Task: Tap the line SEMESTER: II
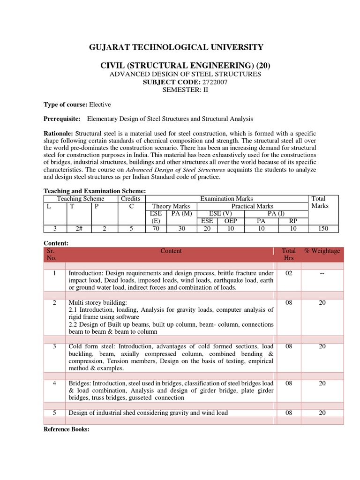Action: [180, 90]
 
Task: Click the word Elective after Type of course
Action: [100, 105]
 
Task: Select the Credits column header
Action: [131, 199]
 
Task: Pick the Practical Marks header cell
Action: [252, 206]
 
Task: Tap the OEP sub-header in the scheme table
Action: [231, 221]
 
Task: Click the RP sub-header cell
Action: [293, 221]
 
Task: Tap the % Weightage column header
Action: [322, 251]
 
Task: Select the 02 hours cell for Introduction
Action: [289, 273]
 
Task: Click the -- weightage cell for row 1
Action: [322, 273]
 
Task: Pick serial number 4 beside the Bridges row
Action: [55, 383]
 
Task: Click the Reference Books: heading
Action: [66, 429]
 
